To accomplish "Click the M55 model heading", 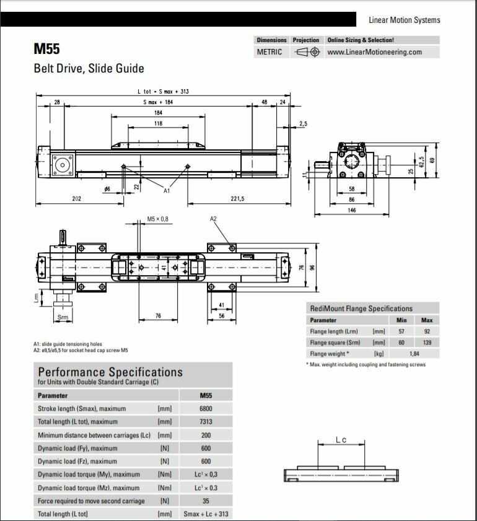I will coord(47,48).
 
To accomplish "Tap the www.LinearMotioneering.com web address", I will coord(374,52).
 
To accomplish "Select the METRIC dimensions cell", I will coord(269,52).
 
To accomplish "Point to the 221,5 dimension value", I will coord(237,198).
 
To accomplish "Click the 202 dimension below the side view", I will coord(77,198).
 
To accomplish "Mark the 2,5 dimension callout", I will coord(303,124).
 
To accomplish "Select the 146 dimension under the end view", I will coord(351,210).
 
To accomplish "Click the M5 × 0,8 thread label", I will coord(157,219).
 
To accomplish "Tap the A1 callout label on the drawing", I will coord(167,191).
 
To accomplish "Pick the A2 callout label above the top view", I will coord(214,219).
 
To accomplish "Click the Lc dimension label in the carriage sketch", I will coord(341,440).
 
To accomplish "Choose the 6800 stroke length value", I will coord(206,409).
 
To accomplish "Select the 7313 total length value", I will coord(206,422).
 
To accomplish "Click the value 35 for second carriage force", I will coord(206,501).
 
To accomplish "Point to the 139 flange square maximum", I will coord(426,343).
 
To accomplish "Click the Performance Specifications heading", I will coord(110,372).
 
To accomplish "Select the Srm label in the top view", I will coord(63,317).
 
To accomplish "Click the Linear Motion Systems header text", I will coord(405,20).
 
